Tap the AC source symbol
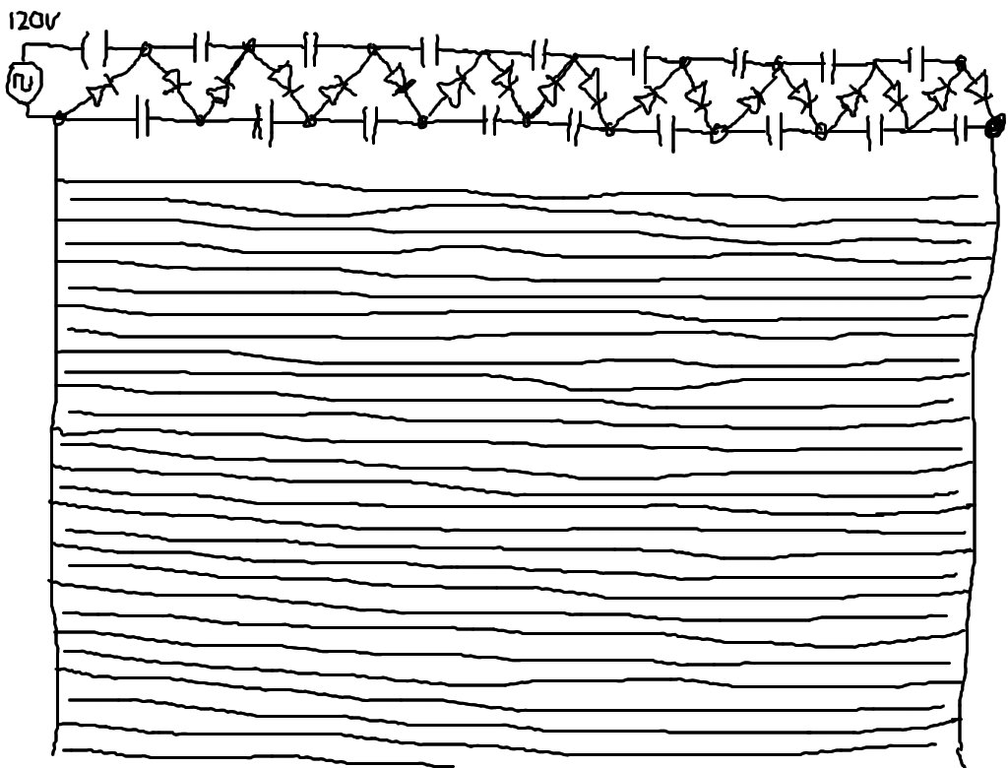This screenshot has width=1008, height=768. tap(22, 86)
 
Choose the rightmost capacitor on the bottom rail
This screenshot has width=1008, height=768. tap(964, 127)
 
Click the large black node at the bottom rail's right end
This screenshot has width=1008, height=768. tap(995, 126)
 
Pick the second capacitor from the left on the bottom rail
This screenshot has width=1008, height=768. tap(259, 122)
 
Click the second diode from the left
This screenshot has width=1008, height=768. tap(175, 85)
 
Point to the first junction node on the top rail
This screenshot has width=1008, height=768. tap(147, 48)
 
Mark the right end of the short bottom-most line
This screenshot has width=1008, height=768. tap(452, 764)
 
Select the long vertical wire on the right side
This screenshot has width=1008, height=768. tap(975, 443)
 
